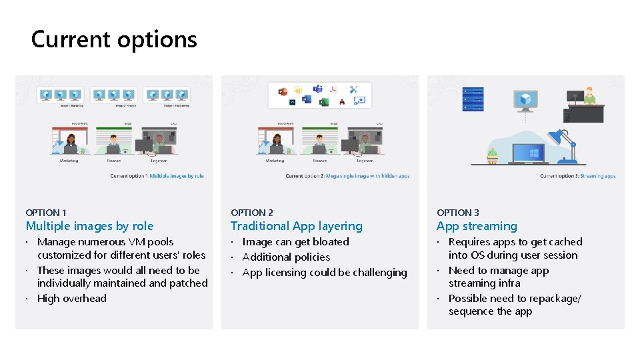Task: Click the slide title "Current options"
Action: pyautogui.click(x=114, y=39)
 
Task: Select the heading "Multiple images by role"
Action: pyautogui.click(x=89, y=226)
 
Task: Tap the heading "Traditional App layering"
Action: pyautogui.click(x=296, y=226)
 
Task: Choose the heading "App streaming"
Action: pyautogui.click(x=477, y=226)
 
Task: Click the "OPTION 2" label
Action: pyautogui.click(x=252, y=213)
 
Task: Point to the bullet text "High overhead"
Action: pyautogui.click(x=71, y=298)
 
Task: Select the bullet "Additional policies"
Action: pyautogui.click(x=286, y=257)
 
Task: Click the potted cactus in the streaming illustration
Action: pyautogui.click(x=492, y=155)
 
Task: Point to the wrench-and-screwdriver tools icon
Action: pyautogui.click(x=353, y=89)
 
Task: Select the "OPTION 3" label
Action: pyautogui.click(x=458, y=213)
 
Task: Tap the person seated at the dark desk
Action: pyautogui.click(x=589, y=96)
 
